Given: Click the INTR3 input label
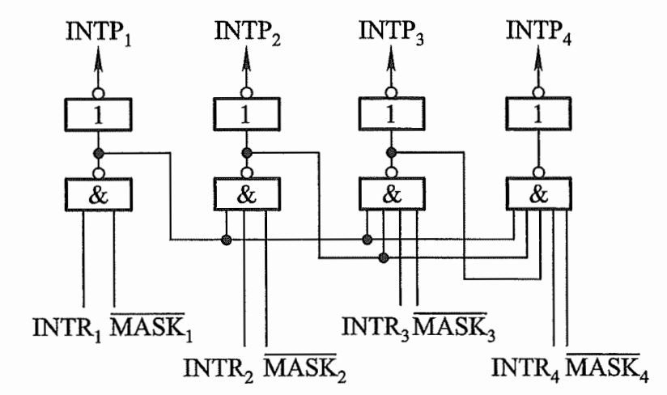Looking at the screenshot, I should (375, 329).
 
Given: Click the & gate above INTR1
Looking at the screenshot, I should (100, 195).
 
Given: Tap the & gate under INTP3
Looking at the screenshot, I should (392, 195).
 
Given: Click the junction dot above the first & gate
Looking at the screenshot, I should (100, 152).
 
